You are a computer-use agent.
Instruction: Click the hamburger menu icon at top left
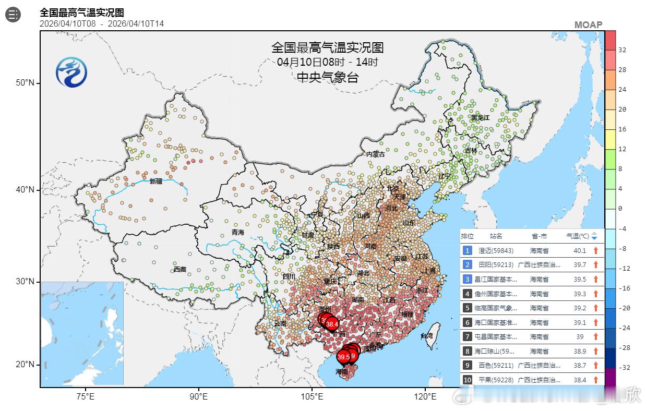click(x=13, y=15)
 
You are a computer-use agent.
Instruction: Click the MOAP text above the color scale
click(x=588, y=25)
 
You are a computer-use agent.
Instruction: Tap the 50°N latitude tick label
click(x=25, y=83)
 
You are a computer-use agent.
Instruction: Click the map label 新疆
click(x=155, y=182)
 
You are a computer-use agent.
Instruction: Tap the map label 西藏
click(x=180, y=270)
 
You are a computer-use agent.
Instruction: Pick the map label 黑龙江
click(x=480, y=118)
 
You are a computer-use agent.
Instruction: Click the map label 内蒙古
click(x=375, y=154)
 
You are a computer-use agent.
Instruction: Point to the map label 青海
click(x=238, y=232)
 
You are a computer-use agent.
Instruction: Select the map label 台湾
click(x=427, y=336)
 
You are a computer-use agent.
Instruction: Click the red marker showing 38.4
click(x=332, y=324)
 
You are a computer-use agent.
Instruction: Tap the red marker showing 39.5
click(x=343, y=357)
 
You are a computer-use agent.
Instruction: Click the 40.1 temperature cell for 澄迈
click(x=580, y=251)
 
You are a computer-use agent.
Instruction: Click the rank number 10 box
click(x=468, y=380)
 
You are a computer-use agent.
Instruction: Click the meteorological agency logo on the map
click(x=71, y=72)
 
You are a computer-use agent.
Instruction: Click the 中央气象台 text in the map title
click(x=327, y=78)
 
